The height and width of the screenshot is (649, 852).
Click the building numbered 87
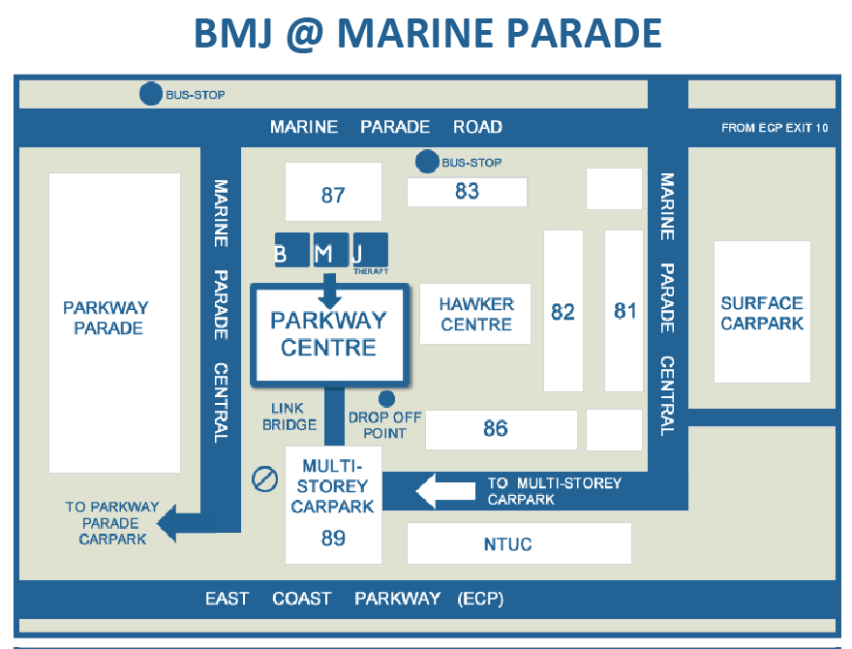click(x=333, y=194)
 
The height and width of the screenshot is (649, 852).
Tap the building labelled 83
click(x=467, y=192)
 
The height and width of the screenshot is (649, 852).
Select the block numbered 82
click(x=563, y=311)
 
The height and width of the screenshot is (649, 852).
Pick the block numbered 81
click(x=625, y=311)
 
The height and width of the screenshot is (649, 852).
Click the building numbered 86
click(x=496, y=428)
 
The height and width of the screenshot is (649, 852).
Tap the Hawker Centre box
click(x=476, y=314)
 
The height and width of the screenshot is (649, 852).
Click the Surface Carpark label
click(x=762, y=314)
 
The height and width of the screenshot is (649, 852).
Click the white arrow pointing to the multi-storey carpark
click(x=440, y=492)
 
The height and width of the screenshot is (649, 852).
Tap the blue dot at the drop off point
click(x=386, y=398)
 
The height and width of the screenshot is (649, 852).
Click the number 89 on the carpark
click(x=333, y=538)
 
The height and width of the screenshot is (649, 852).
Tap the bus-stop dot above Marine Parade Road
click(x=151, y=94)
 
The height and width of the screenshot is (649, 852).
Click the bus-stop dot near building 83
click(x=426, y=162)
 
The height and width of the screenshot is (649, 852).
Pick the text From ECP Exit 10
click(x=775, y=128)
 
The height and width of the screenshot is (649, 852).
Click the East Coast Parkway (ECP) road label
click(x=354, y=599)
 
